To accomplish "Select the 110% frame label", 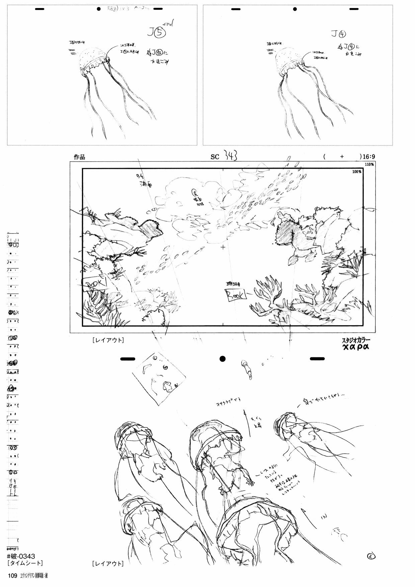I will [x=369, y=164].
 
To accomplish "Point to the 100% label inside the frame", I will [x=356, y=171].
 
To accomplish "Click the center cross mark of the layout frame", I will [x=223, y=247].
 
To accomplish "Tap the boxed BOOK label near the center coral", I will [x=236, y=294].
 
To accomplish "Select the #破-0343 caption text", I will [x=23, y=556].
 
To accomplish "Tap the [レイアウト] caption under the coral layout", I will [x=108, y=340].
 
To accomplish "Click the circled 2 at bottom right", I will [x=371, y=557].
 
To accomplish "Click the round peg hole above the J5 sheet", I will [x=99, y=9].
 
